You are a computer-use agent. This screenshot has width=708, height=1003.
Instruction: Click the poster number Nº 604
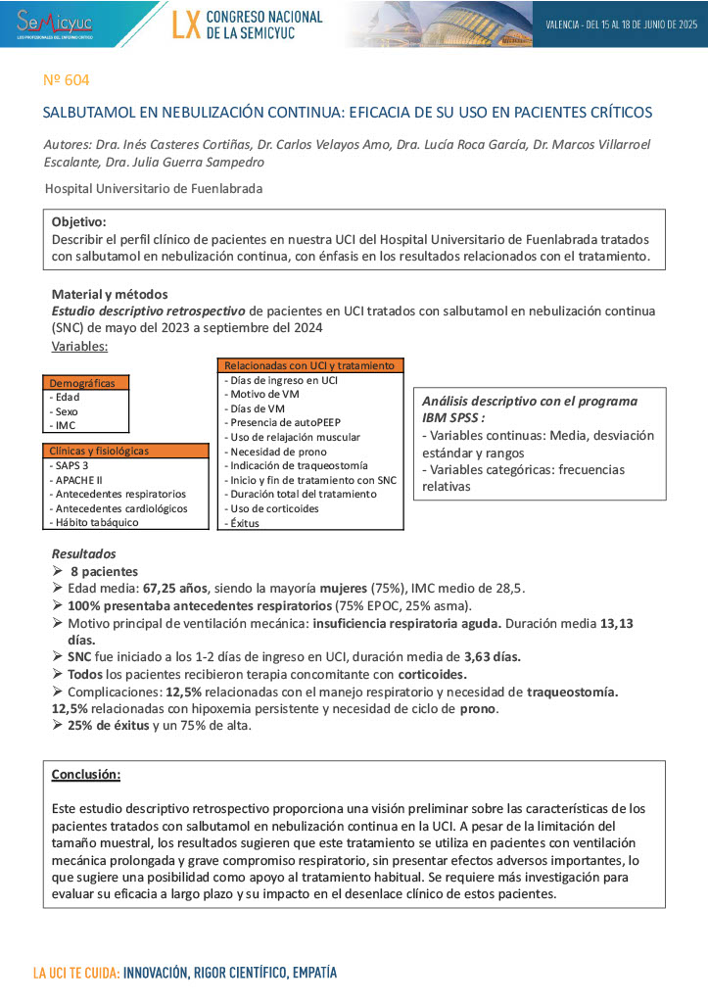click(x=68, y=79)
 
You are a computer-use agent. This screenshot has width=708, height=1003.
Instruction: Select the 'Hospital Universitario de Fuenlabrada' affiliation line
click(x=154, y=188)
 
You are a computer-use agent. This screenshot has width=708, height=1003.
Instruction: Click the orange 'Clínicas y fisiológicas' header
click(x=99, y=452)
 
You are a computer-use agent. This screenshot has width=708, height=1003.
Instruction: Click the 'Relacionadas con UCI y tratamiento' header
click(x=308, y=365)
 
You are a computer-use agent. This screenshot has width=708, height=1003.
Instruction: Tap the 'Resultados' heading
click(x=83, y=553)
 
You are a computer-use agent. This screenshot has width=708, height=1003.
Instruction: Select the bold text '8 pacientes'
click(x=103, y=571)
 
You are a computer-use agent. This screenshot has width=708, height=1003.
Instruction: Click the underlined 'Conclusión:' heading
click(x=86, y=775)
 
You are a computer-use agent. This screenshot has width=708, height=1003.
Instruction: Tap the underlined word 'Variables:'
click(x=79, y=346)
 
